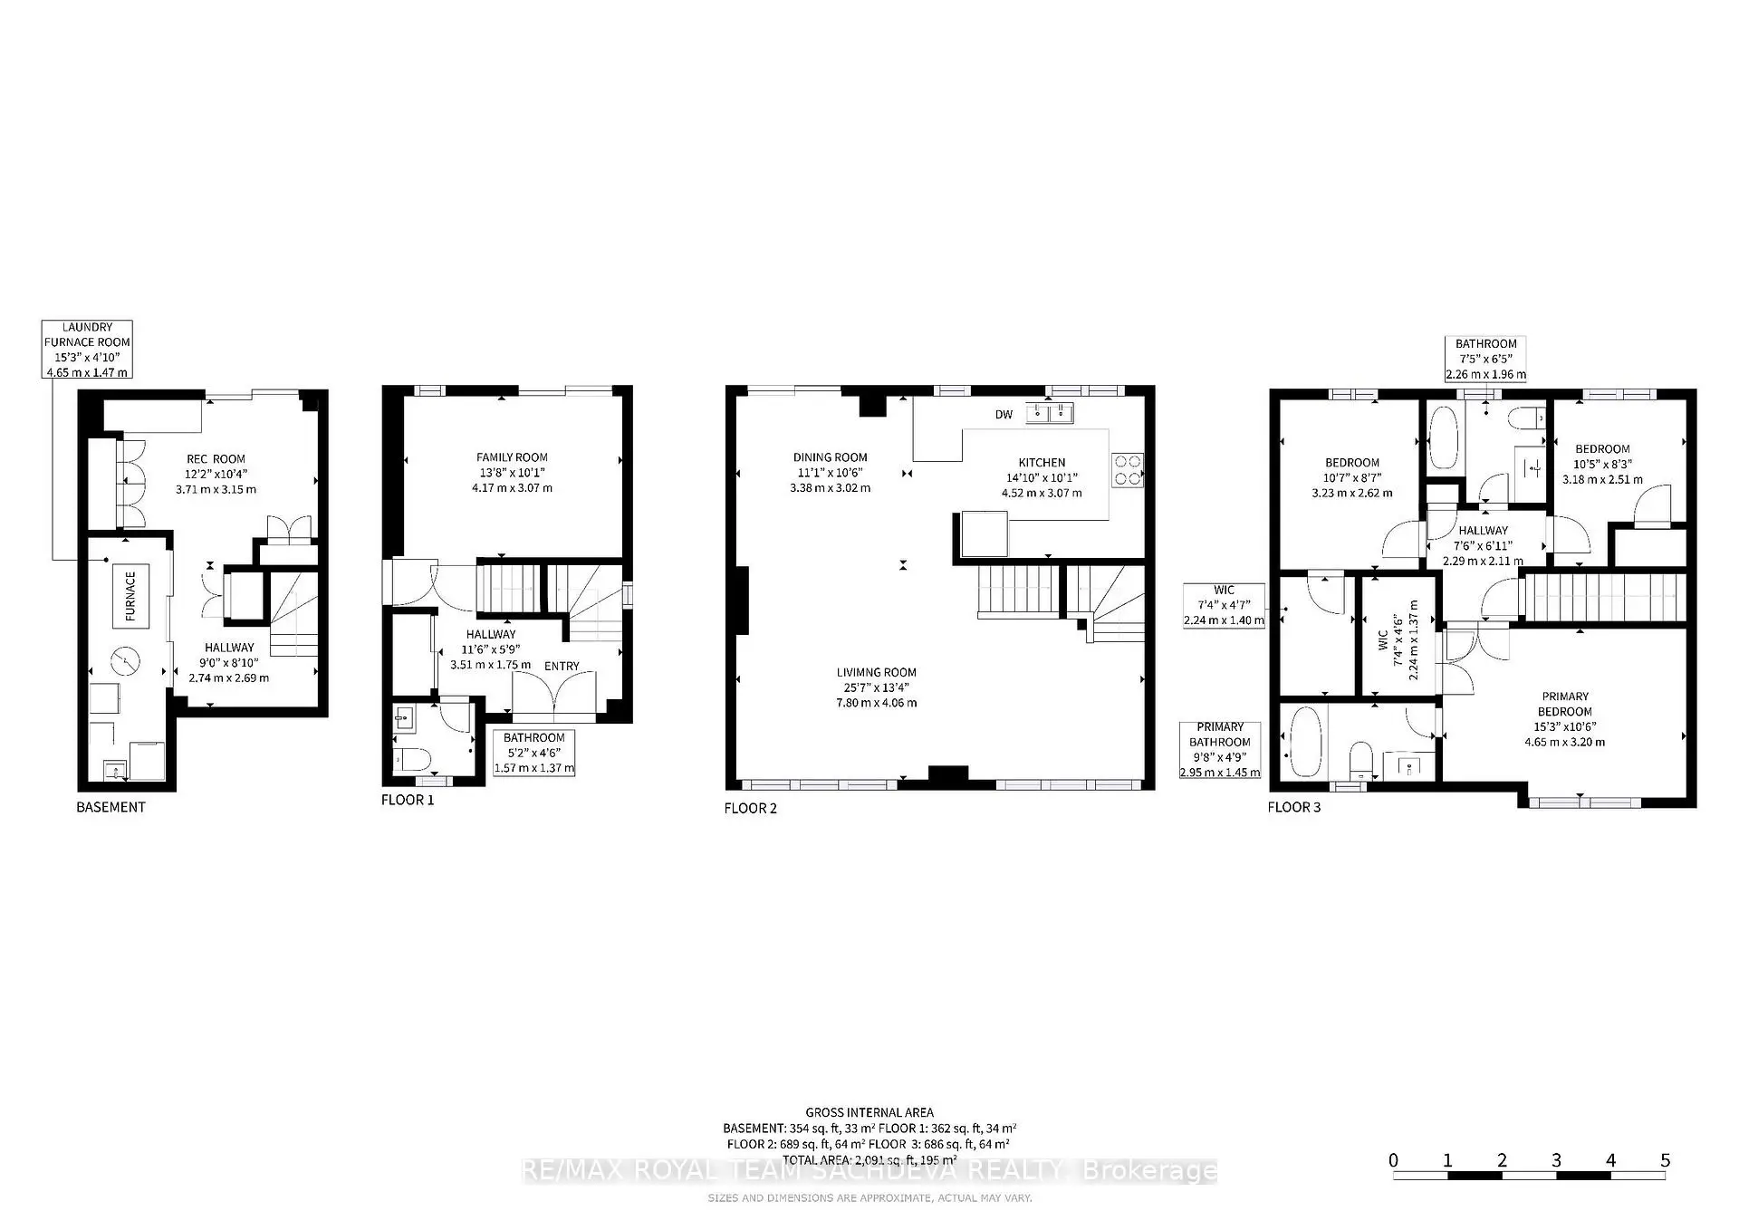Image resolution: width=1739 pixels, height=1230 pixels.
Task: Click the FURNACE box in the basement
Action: click(130, 595)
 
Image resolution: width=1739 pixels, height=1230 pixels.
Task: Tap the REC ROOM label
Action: click(216, 459)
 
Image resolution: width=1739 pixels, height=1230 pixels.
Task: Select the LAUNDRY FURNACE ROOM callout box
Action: click(88, 350)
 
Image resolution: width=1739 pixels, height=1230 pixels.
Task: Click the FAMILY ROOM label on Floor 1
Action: click(512, 457)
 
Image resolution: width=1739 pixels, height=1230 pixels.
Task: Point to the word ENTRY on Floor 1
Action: click(562, 666)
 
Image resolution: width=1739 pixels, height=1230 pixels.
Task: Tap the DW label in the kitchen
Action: click(1004, 415)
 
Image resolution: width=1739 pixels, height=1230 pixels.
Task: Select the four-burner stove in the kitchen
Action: click(1128, 470)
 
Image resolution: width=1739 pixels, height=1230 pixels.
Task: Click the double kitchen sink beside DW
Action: click(1050, 414)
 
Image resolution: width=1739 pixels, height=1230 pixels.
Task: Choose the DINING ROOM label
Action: click(830, 457)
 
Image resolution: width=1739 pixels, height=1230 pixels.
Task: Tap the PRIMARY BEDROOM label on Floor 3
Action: click(1564, 704)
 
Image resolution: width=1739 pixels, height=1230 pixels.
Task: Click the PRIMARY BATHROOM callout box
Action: click(1220, 750)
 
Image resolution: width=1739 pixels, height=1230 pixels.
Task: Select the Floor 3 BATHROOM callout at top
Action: click(1485, 359)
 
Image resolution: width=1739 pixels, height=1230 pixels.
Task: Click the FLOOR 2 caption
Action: click(750, 808)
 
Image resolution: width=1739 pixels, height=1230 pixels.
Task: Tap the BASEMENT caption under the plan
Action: click(110, 807)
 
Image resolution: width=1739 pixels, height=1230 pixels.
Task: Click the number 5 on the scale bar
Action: click(1665, 1160)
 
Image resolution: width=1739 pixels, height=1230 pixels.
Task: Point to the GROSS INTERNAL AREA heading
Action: click(869, 1112)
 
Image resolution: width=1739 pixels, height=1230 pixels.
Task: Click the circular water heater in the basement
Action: click(127, 661)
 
